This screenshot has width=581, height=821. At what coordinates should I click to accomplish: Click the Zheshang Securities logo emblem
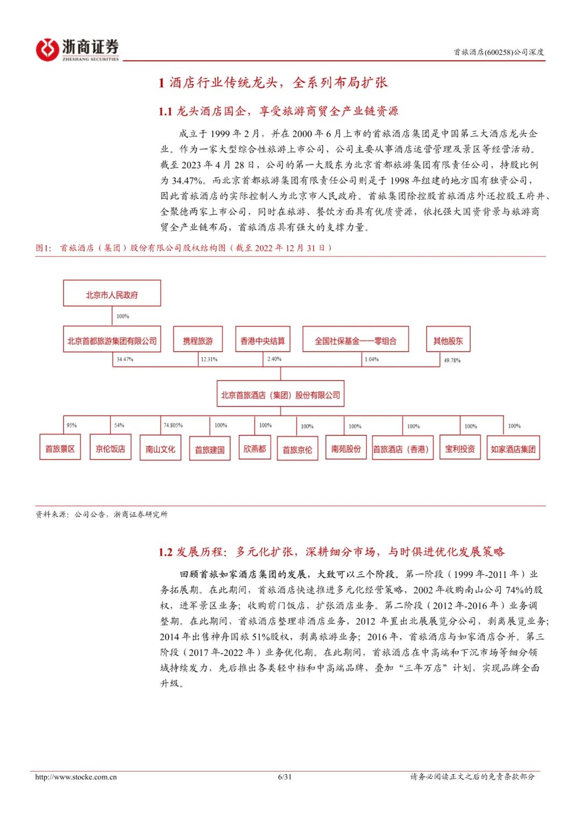coord(47,49)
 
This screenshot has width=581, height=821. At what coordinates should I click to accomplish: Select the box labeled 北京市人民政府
coord(112,294)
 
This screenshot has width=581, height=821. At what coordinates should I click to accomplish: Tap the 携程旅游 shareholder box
coord(198,340)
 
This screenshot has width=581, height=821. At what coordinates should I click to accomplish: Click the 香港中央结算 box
coord(263,340)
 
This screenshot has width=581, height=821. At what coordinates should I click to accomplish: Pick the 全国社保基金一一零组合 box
coord(355,340)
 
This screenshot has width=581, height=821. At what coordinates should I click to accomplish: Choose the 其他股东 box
coord(448,340)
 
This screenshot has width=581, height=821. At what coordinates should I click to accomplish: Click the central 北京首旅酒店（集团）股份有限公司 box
coord(280,395)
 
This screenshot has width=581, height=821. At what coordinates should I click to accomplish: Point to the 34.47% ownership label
coord(125,359)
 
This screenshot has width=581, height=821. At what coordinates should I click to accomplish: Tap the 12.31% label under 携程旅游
coord(209,359)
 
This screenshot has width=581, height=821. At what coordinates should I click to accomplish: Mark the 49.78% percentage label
coord(452,360)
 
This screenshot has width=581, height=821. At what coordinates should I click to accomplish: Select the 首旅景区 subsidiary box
coord(60,449)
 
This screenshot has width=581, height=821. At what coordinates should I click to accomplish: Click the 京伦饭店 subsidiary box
coord(110,449)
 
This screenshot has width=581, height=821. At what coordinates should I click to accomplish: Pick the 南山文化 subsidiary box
coord(160,449)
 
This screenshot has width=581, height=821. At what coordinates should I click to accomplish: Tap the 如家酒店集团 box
coord(513,449)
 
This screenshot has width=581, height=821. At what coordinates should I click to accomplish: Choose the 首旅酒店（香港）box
coord(401,449)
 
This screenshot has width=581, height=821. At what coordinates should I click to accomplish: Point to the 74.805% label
coord(173,425)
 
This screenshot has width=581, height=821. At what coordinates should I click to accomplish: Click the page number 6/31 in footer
coord(285,776)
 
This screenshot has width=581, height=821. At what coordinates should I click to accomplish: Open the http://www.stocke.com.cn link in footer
coord(76,776)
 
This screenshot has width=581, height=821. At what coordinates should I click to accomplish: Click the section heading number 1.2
coord(165,552)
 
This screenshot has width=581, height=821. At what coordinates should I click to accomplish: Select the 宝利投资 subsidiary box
coord(460,449)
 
